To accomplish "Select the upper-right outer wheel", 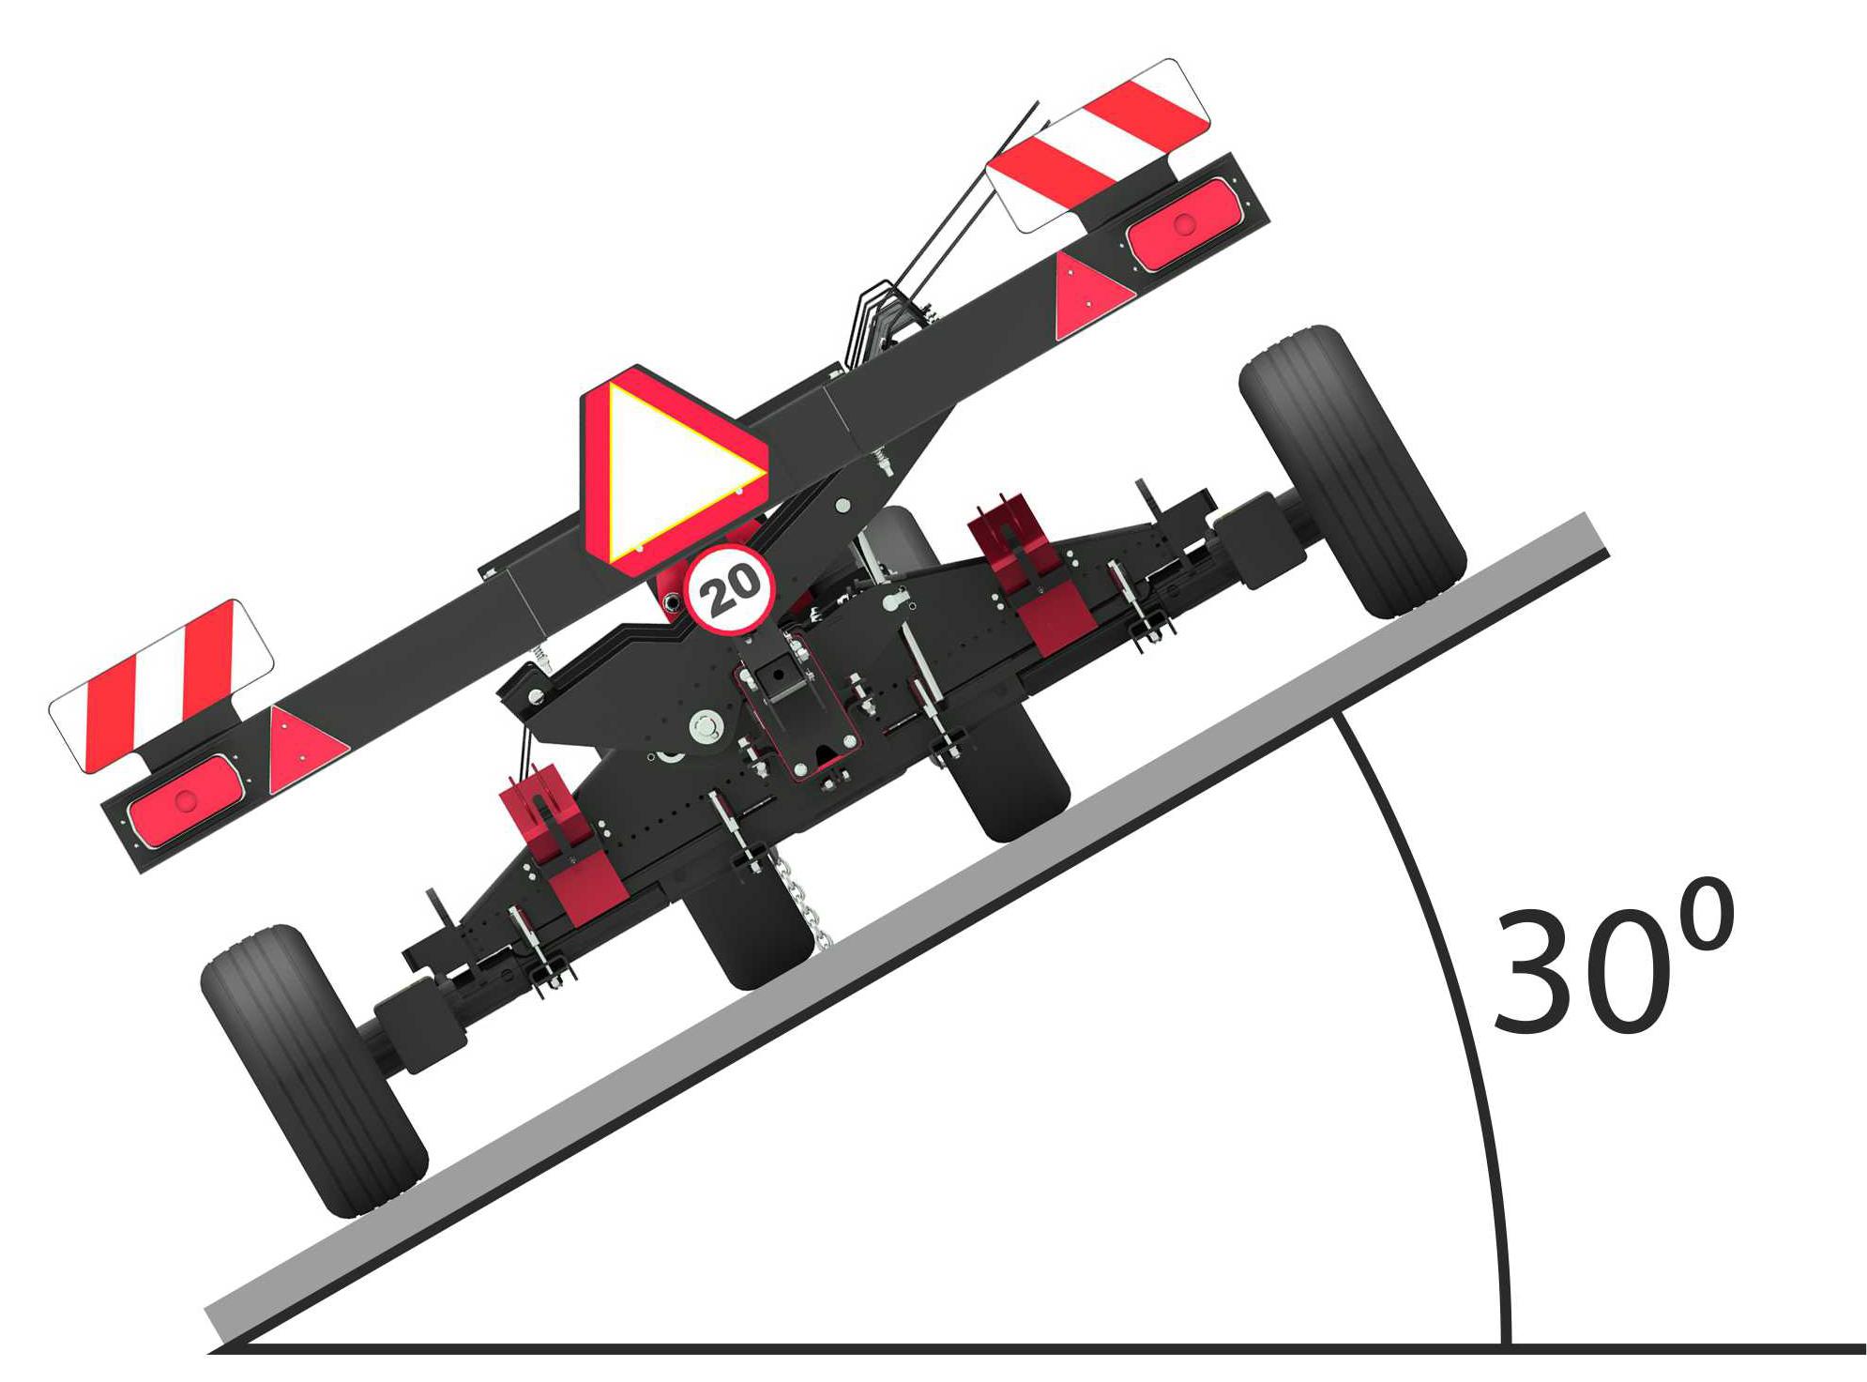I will click(1351, 469).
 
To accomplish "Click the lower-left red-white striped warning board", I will click(159, 685).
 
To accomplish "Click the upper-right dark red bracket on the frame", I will click(1032, 582).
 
